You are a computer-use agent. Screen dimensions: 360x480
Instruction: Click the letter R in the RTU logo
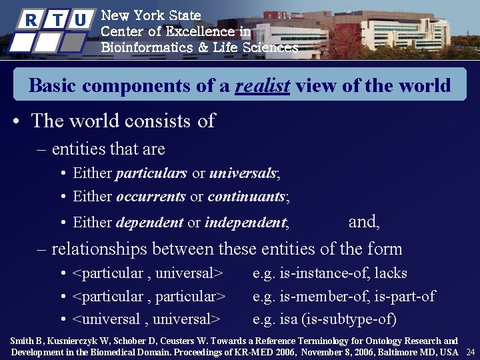30,20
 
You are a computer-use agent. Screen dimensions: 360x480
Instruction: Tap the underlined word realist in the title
262,86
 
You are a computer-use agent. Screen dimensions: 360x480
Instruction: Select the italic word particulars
151,173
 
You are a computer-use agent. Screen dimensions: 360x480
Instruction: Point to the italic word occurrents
151,197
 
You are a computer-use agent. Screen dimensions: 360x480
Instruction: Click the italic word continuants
246,197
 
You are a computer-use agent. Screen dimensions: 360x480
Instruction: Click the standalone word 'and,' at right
364,221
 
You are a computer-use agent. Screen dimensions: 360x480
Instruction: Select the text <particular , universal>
147,273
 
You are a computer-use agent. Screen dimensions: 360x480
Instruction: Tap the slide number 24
470,352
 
